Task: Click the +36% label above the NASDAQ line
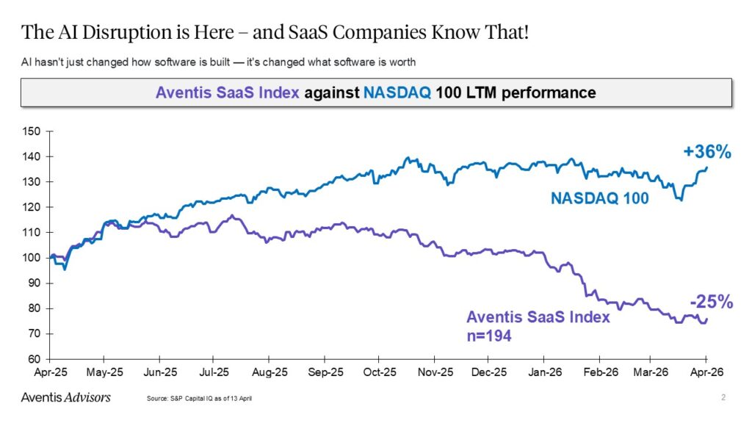coord(706,152)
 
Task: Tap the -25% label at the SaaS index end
coord(710,301)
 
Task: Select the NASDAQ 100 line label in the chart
coord(599,198)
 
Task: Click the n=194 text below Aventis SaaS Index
coord(488,336)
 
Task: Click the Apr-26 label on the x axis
coord(706,372)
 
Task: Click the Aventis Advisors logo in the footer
coord(65,397)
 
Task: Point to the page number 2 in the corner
coord(723,397)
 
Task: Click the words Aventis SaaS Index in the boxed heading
coord(227,93)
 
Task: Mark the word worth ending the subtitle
coord(402,62)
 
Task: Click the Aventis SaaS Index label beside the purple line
coord(538,318)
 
